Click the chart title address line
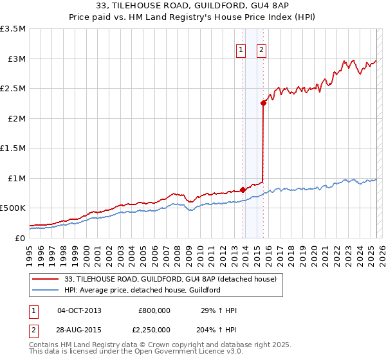(x=193, y=6)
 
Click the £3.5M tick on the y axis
(x=13, y=29)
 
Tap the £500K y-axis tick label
(x=13, y=208)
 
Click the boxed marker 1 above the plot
(x=241, y=50)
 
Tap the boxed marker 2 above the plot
(x=262, y=50)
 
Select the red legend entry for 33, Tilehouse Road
(x=170, y=279)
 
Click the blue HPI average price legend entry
(x=142, y=290)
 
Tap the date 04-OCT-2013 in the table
(x=80, y=310)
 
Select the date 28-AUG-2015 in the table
(x=80, y=330)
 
